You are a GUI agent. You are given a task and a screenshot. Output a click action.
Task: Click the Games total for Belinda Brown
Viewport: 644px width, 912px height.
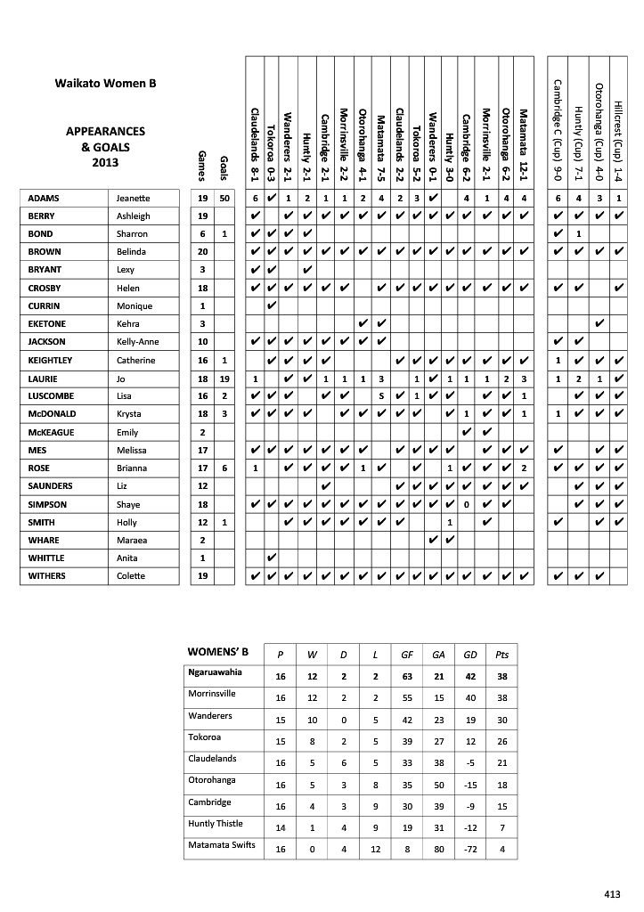[x=202, y=252]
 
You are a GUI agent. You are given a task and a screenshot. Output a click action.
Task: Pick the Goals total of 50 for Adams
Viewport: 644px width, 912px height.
[x=224, y=198]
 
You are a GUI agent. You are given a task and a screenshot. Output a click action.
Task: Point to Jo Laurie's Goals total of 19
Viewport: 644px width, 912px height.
[x=224, y=378]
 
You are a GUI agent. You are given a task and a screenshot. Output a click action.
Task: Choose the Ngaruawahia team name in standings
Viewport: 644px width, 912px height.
[x=215, y=672]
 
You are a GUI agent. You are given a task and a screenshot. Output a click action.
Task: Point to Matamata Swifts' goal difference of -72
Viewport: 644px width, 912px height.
[x=469, y=850]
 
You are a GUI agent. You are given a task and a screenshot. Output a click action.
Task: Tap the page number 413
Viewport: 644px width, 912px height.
[x=611, y=894]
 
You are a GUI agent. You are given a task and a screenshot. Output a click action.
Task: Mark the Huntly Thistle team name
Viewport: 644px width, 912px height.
[x=216, y=823]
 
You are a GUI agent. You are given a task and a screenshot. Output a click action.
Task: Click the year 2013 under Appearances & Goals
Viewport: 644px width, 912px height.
[x=105, y=162]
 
